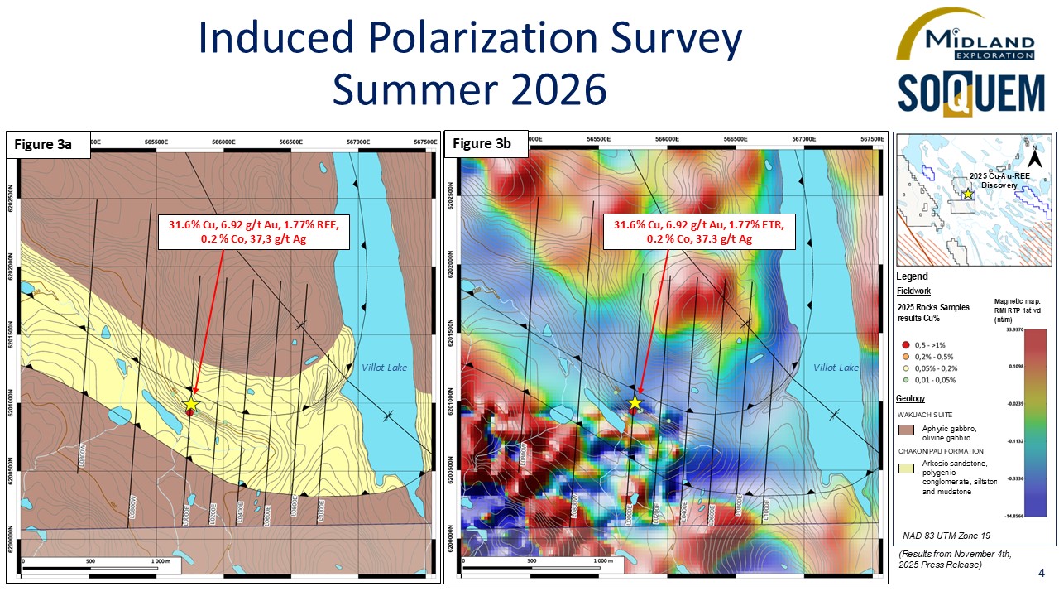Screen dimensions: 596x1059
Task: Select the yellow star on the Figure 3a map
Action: (191, 404)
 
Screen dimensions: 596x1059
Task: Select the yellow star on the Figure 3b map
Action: (635, 403)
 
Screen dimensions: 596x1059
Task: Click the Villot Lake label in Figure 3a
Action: (385, 367)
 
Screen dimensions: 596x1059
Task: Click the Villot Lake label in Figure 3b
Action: (836, 367)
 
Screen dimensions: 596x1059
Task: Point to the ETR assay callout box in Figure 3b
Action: (698, 231)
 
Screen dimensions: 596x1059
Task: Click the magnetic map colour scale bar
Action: (1036, 422)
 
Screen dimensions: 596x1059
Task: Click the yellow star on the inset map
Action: (968, 194)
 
